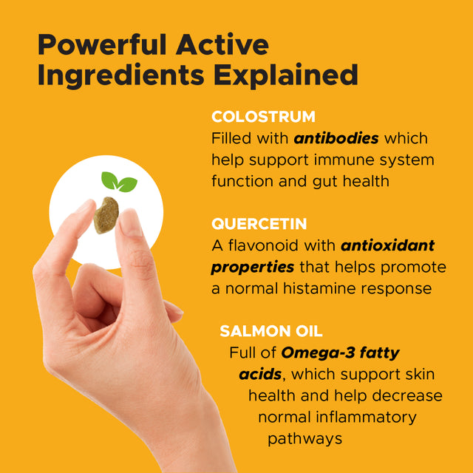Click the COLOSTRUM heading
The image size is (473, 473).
263,117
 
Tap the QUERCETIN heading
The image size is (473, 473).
259,224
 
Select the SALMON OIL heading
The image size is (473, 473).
270,331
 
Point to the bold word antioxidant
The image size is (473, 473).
388,245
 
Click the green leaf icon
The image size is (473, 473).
118,182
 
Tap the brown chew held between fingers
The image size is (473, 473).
106,214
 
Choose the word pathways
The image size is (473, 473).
304,438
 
